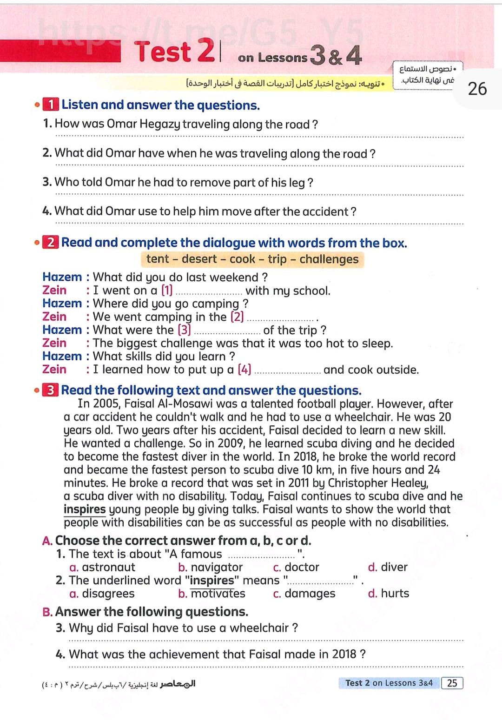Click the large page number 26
477,88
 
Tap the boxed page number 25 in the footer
452,683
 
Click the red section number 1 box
51,105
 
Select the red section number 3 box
50,390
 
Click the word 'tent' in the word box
158,259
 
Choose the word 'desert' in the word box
199,259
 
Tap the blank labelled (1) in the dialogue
210,292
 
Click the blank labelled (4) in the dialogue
288,371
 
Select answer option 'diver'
394,567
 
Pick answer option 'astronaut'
108,567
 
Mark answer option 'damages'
310,594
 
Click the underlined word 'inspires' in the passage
85,509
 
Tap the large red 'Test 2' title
174,51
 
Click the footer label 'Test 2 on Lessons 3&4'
389,683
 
